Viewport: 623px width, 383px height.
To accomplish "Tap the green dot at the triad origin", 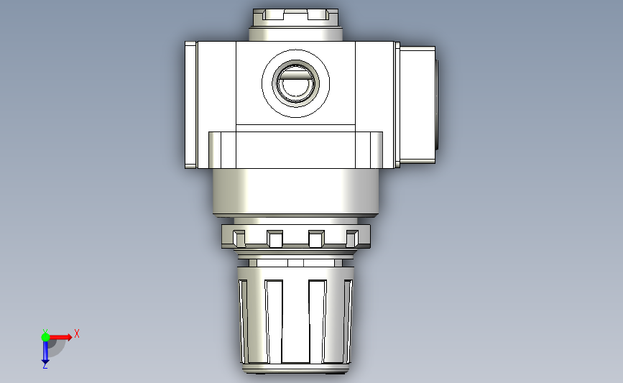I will coord(45,336).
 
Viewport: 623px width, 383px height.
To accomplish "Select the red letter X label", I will coord(76,333).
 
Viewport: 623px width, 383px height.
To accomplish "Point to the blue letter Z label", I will coord(45,366).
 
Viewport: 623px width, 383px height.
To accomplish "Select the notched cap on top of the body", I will coord(295,15).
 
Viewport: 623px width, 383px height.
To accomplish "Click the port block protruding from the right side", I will coord(417,104).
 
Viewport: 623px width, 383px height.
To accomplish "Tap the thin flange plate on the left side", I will coord(190,104).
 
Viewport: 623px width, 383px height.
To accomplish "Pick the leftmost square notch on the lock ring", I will coord(238,236).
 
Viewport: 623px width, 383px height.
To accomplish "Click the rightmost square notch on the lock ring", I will coord(352,236).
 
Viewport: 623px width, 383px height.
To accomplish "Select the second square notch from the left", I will coord(274,238).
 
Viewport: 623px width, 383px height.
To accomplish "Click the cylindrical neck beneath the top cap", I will coord(295,33).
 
